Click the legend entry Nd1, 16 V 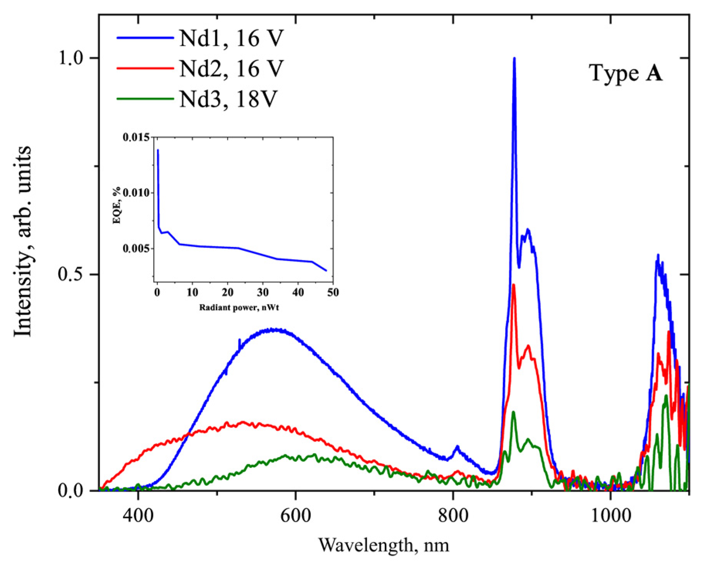[x=231, y=38]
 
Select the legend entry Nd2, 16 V [x=231, y=69]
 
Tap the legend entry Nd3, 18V [x=228, y=99]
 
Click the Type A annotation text [x=625, y=73]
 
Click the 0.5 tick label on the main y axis [x=71, y=275]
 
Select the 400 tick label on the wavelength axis [x=138, y=516]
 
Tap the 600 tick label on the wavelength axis [x=295, y=516]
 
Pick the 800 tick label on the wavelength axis [x=453, y=516]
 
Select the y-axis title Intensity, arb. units [x=22, y=241]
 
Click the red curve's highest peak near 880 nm [x=513, y=285]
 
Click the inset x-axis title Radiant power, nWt [x=239, y=308]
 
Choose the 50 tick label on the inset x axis [x=333, y=292]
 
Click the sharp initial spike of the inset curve [x=158, y=151]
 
